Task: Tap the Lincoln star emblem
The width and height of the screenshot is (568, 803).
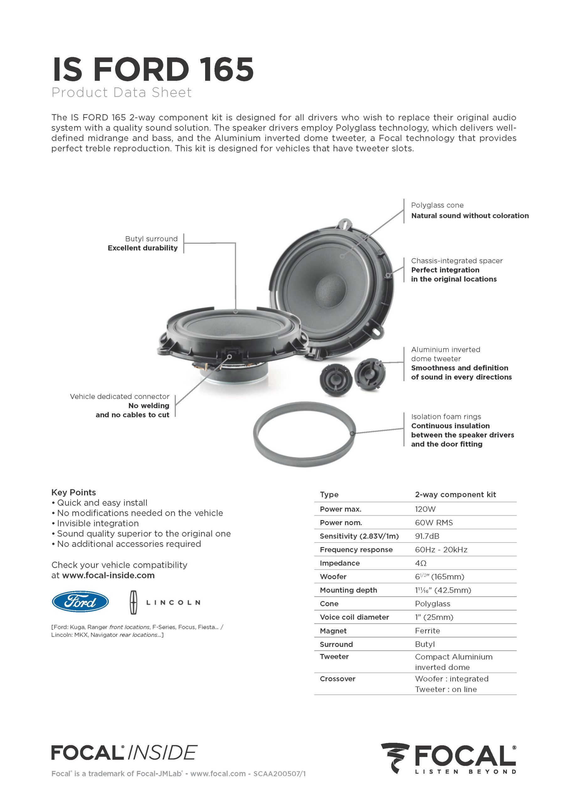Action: point(134,602)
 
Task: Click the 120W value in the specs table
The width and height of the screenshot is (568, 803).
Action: point(425,509)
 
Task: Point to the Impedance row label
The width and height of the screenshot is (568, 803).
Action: point(335,563)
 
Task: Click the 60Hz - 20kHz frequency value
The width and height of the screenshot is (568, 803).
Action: point(441,550)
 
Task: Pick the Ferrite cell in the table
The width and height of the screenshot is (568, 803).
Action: point(427,630)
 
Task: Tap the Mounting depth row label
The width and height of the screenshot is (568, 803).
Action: point(348,590)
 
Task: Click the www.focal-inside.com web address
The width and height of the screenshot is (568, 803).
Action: point(108,575)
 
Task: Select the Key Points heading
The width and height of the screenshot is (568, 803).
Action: point(73,492)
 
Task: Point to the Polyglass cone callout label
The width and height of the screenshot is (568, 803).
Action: point(437,205)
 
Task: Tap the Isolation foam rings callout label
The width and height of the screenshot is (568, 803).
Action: point(446,416)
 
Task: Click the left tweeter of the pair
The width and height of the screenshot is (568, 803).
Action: point(334,379)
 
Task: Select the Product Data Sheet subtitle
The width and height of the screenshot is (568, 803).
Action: point(121,92)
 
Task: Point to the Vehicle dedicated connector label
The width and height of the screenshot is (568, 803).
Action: point(119,396)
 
